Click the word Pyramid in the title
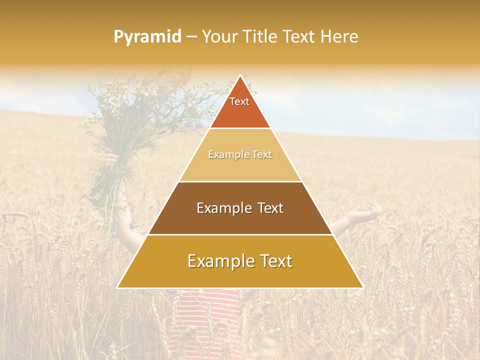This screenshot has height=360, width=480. (147, 37)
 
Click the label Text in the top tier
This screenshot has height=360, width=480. (239, 101)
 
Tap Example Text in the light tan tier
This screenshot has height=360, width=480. (240, 154)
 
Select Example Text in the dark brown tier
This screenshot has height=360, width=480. (240, 208)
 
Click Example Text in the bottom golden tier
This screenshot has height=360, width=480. (240, 261)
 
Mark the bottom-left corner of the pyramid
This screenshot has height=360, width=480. (118, 287)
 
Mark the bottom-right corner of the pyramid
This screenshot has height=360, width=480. (362, 287)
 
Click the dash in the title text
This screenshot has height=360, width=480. (191, 37)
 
